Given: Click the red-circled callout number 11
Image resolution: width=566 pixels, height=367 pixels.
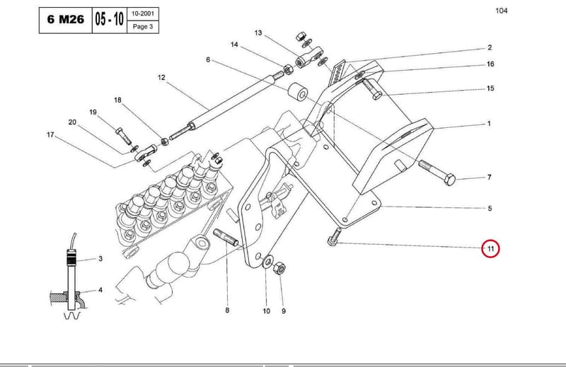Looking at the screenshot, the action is point(490,249).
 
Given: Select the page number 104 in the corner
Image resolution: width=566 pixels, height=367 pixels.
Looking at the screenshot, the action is point(502,11).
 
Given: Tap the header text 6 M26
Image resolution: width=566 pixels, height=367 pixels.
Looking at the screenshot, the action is point(65,20).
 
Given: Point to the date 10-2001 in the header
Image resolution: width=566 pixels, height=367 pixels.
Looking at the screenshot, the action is point(143,13).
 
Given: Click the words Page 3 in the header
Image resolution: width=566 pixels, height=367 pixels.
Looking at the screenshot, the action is point(143,27).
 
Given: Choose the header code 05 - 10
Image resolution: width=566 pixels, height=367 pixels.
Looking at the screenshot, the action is point(110,19).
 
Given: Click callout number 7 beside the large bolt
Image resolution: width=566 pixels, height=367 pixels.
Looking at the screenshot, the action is point(489,177).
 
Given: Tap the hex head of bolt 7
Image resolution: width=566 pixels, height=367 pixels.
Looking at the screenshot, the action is point(449,180).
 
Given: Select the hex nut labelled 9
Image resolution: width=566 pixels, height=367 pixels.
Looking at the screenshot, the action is point(279,269).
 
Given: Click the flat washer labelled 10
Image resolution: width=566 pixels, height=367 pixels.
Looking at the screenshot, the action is point(267,260).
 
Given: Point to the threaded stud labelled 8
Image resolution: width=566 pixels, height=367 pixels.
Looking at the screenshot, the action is point(225,237).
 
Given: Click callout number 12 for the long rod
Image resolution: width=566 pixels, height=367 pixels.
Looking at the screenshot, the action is point(161,78).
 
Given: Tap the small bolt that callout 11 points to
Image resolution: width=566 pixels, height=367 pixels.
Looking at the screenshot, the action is point(334,237).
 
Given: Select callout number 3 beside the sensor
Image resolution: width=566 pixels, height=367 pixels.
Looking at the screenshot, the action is point(100,259).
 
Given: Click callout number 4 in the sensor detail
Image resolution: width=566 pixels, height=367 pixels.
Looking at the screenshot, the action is point(100,290).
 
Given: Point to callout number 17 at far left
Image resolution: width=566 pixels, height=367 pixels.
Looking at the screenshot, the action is point(50,135).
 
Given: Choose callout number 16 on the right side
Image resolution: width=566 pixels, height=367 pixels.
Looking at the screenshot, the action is point(490,64).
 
